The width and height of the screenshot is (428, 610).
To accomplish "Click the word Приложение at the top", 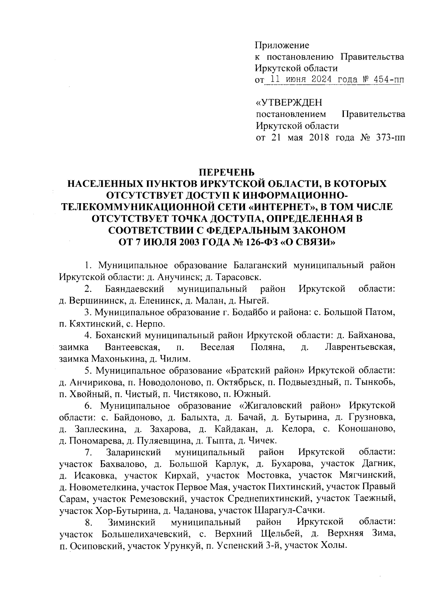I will click(x=282, y=45).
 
